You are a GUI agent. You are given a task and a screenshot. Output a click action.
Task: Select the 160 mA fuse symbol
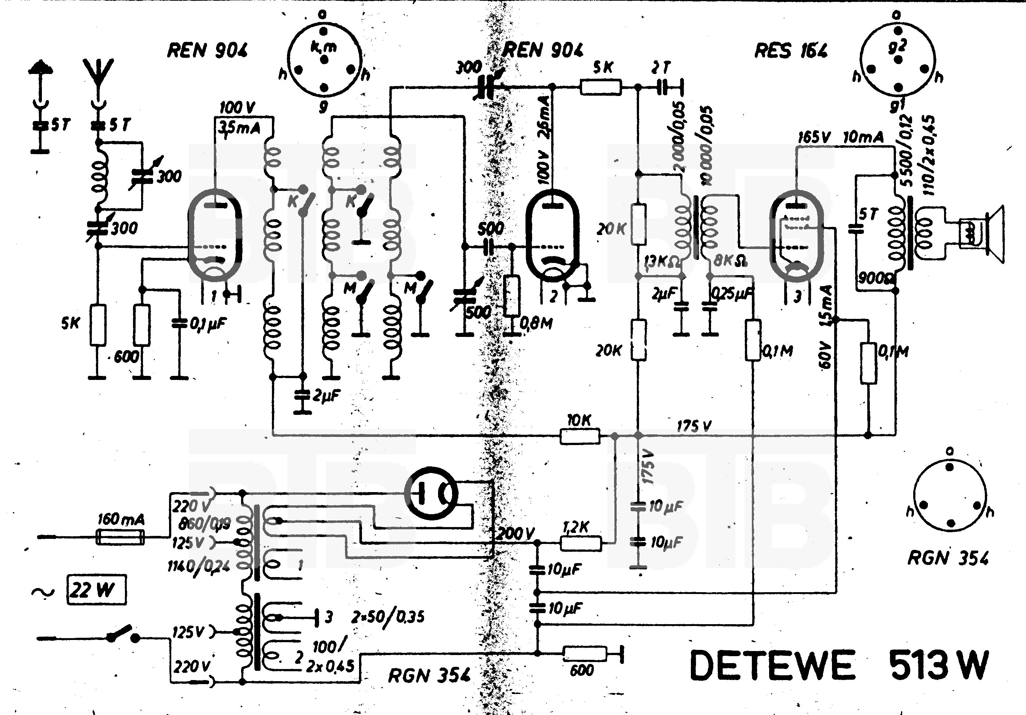point(121,537)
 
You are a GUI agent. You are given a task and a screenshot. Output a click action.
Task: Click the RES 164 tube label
point(790,51)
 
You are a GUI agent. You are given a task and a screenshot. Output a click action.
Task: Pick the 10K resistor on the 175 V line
point(580,435)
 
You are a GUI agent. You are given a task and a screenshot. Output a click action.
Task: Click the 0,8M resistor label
point(537,323)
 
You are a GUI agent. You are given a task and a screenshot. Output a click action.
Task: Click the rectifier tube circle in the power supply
point(431,493)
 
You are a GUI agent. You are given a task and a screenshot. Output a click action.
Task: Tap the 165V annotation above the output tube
point(814,137)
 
